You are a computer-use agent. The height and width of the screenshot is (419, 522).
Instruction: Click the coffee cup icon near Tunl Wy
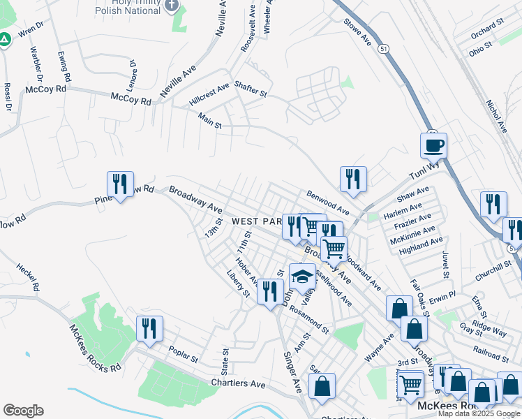pos(433,145)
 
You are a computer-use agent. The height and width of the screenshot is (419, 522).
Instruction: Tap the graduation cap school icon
pos(301,276)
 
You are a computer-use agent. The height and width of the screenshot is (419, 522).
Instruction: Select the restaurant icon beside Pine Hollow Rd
pos(120,184)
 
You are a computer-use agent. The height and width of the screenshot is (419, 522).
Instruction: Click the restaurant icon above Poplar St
pos(149,328)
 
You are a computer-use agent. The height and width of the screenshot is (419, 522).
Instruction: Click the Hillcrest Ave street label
pos(209,95)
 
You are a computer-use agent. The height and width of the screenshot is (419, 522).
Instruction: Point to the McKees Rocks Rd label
pos(95,348)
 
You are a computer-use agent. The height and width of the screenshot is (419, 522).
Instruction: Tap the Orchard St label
pos(486,29)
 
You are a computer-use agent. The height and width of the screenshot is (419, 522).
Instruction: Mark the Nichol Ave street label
pos(496,116)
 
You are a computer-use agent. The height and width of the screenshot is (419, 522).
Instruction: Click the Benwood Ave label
pos(327,201)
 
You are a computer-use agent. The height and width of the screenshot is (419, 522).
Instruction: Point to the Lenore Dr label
pos(132,71)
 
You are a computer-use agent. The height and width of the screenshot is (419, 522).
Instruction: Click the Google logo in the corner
pos(23,410)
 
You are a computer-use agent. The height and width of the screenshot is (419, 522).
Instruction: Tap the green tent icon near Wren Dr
pos(5,40)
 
